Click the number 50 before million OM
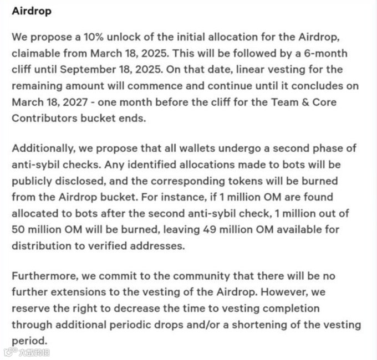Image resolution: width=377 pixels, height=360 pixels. pyautogui.click(x=18, y=229)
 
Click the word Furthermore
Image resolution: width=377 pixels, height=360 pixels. pyautogui.click(x=43, y=276)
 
